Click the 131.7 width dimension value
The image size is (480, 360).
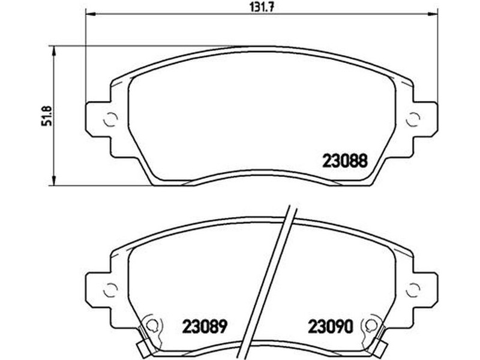[x=262, y=7]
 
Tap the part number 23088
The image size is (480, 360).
[x=344, y=161]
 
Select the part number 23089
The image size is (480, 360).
[x=205, y=326]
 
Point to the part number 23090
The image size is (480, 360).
[x=331, y=326]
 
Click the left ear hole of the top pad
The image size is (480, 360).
[x=110, y=119]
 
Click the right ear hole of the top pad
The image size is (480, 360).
[x=413, y=119]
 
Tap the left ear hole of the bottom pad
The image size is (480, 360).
[x=110, y=290]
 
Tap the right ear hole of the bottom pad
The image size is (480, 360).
[x=413, y=290]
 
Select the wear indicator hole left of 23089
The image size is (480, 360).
[x=152, y=325]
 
